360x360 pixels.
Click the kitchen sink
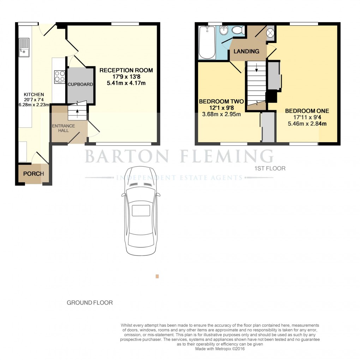point(24,48)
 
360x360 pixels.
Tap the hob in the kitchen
point(60,77)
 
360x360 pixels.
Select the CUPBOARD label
point(80,84)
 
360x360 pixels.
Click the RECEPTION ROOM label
point(126,70)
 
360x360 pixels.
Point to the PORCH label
point(34,174)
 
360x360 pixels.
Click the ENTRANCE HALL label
point(64,128)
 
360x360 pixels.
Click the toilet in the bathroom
point(239,31)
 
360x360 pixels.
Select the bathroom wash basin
point(223,32)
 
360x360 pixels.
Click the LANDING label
point(246,51)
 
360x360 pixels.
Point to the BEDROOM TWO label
point(221,101)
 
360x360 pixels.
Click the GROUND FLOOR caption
point(90,302)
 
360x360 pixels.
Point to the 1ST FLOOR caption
point(270,168)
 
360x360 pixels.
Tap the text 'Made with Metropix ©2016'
point(220,349)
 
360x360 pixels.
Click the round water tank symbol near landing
point(270,33)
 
